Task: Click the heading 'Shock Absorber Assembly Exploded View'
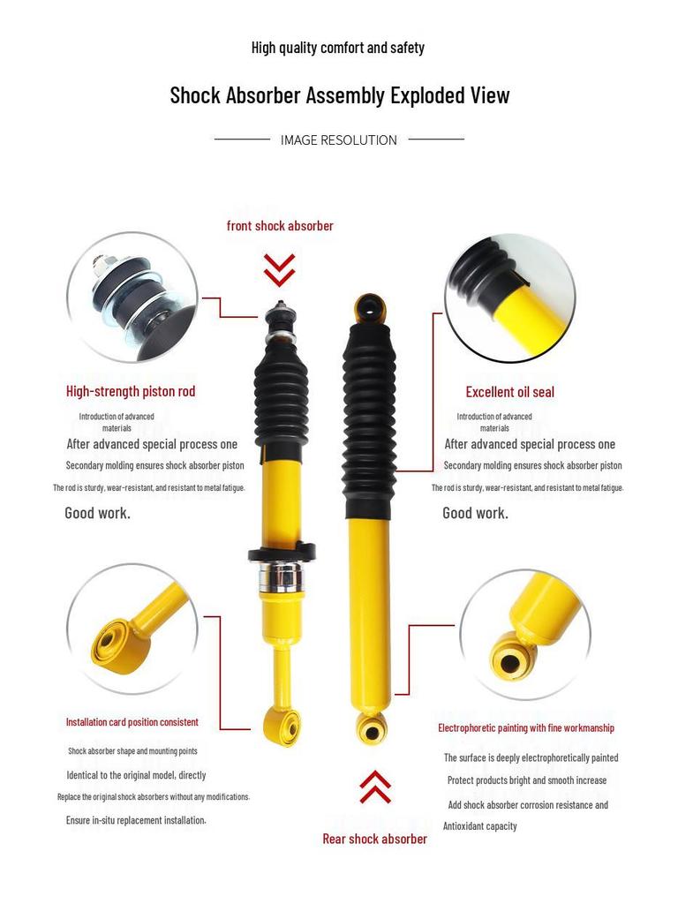coord(339,95)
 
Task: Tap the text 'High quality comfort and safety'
coord(338,48)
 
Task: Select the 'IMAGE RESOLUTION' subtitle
coord(339,139)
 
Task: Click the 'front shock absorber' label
coord(280,226)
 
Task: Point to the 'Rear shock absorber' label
coord(374,839)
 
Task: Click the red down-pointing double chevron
coord(279,269)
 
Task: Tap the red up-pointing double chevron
coord(375,787)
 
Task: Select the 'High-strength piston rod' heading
coord(131,391)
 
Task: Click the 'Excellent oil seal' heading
coord(510,392)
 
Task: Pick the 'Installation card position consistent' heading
coord(132,722)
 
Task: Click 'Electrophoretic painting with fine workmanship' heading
coord(526,728)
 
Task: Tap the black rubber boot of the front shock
coord(282,388)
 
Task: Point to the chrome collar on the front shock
coord(281,579)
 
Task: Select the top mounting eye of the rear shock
coord(370,309)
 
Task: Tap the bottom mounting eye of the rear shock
coord(372,730)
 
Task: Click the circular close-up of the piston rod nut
coord(132,297)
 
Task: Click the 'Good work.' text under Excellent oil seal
coord(475,513)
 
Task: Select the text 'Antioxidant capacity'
coord(480,826)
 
